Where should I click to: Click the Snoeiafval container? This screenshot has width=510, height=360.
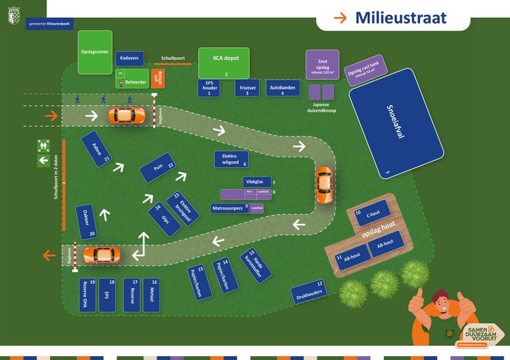(x=396, y=131)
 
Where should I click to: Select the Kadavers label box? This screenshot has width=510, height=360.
(x=129, y=59)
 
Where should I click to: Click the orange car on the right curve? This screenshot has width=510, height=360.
(x=324, y=185)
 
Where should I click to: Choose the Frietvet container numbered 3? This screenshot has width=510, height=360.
(x=246, y=88)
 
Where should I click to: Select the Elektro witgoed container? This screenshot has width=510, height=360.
(x=231, y=159)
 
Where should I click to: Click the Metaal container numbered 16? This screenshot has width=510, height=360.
(x=153, y=294)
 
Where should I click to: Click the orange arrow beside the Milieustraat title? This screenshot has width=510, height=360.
(x=341, y=17)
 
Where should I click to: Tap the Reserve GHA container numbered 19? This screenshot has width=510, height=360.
(x=87, y=294)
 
